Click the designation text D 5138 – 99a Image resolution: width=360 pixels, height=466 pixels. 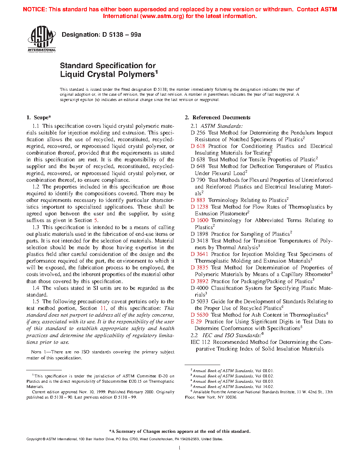(x=101, y=35)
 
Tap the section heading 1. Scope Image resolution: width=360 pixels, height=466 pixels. (x=39, y=118)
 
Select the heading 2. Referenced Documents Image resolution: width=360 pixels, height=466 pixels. (x=217, y=118)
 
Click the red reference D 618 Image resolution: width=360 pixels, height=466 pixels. (x=198, y=146)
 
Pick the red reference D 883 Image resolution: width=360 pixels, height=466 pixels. (x=198, y=200)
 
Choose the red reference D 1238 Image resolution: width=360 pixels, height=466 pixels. (x=199, y=207)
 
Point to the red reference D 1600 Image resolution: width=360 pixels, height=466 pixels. (x=199, y=220)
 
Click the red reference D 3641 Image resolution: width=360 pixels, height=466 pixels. (x=199, y=254)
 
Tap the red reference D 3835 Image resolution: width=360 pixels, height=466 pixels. (x=199, y=268)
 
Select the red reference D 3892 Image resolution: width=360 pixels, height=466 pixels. (x=199, y=281)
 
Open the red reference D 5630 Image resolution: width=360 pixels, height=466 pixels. (x=199, y=315)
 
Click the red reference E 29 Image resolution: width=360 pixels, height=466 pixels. (x=196, y=322)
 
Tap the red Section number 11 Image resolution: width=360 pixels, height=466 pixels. (x=103, y=308)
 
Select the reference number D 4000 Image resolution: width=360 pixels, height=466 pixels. (x=199, y=288)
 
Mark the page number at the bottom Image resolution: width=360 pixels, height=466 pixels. (x=180, y=448)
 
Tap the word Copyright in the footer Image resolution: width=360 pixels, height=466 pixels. (x=34, y=439)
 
